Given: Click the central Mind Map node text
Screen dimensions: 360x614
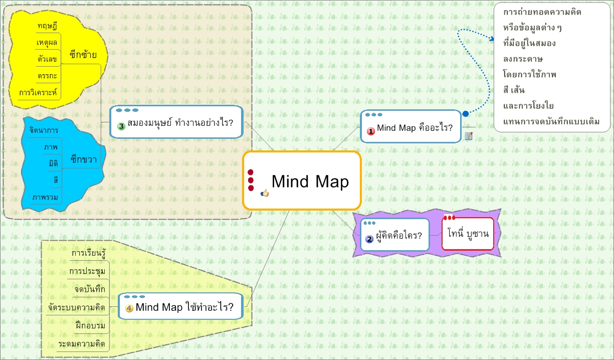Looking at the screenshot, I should pyautogui.click(x=310, y=182).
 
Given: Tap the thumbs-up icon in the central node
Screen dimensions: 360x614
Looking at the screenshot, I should pyautogui.click(x=265, y=193).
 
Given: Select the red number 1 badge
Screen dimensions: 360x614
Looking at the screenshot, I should pyautogui.click(x=371, y=131).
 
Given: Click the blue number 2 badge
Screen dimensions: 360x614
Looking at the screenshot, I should pyautogui.click(x=369, y=239).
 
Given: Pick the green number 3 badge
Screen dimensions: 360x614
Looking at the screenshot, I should pyautogui.click(x=121, y=126).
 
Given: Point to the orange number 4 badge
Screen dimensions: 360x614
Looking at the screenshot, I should pyautogui.click(x=129, y=308).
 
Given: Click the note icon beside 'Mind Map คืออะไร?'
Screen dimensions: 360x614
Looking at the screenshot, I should pyautogui.click(x=469, y=136).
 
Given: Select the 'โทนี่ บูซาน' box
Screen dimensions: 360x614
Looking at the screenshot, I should pyautogui.click(x=468, y=233).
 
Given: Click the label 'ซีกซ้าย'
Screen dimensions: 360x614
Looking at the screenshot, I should pyautogui.click(x=83, y=54).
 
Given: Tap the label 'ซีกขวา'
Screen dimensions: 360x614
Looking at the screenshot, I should pyautogui.click(x=84, y=159).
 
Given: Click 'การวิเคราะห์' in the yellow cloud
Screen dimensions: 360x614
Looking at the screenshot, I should pyautogui.click(x=39, y=93).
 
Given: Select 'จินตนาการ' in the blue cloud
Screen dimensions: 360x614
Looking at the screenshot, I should pyautogui.click(x=44, y=130).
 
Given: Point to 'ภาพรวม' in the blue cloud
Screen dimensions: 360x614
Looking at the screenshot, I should pyautogui.click(x=45, y=197).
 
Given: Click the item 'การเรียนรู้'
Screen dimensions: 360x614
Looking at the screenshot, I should pyautogui.click(x=88, y=253).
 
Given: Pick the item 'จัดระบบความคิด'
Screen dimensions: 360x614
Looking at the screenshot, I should pyautogui.click(x=77, y=307).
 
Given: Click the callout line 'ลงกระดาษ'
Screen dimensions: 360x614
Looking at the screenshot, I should pyautogui.click(x=523, y=59).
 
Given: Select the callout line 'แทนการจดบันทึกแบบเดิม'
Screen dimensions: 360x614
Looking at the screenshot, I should pyautogui.click(x=551, y=121).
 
